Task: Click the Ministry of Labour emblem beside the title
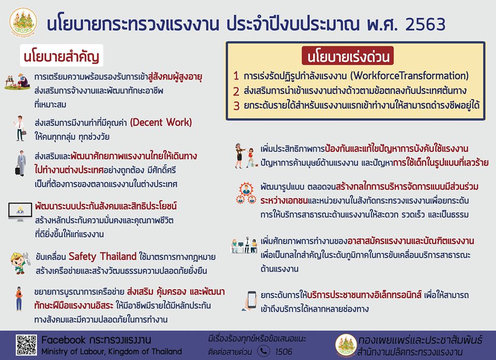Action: [x=23, y=22]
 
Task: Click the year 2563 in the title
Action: [x=425, y=24]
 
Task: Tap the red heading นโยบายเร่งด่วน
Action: [x=348, y=56]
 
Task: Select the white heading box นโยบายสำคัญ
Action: [x=61, y=55]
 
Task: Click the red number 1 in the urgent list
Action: [x=236, y=76]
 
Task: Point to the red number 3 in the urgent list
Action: [x=236, y=106]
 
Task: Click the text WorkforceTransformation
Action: [x=409, y=75]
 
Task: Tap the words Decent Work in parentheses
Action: [x=161, y=122]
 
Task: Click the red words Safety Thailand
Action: [x=102, y=256]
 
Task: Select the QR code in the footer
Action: [x=26, y=345]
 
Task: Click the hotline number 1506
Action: [x=284, y=351]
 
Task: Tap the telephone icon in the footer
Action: [x=264, y=351]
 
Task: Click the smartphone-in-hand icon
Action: [x=250, y=301]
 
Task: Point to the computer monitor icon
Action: [x=20, y=211]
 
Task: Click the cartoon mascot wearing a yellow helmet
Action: [x=20, y=262]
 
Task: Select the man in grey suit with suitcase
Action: [x=21, y=163]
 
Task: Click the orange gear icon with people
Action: [x=246, y=193]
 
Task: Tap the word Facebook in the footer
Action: [x=63, y=340]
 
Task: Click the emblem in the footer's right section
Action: [x=346, y=346]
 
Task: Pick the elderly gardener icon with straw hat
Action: [x=18, y=82]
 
